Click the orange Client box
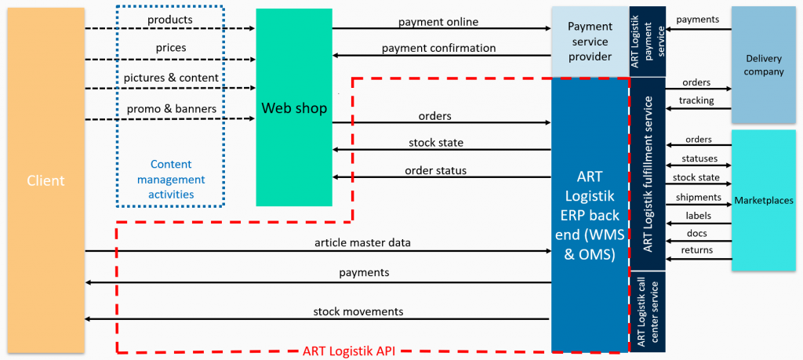45,180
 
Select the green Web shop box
293,107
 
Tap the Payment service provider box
590,42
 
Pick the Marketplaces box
764,201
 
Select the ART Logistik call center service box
648,311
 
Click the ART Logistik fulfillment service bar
648,173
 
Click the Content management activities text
170,179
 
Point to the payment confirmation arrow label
438,48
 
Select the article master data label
362,242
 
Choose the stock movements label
358,311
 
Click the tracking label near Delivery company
696,101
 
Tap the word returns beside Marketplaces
698,250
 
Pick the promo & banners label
170,108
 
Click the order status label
435,170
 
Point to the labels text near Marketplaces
698,215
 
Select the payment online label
438,21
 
